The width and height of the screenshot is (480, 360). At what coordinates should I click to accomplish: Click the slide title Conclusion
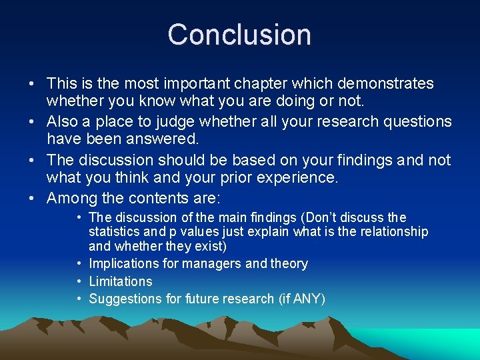pyautogui.click(x=239, y=35)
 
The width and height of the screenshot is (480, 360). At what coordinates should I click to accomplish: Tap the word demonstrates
pyautogui.click(x=385, y=84)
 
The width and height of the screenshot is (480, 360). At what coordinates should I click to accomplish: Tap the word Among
pyautogui.click(x=72, y=198)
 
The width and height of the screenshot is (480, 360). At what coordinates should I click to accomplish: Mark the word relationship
pyautogui.click(x=389, y=231)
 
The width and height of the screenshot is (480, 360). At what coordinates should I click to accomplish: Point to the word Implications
pyautogui.click(x=124, y=264)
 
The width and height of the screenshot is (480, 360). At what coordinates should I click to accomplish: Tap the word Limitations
pyautogui.click(x=121, y=281)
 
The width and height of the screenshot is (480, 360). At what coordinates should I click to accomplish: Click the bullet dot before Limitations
pyautogui.click(x=79, y=281)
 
